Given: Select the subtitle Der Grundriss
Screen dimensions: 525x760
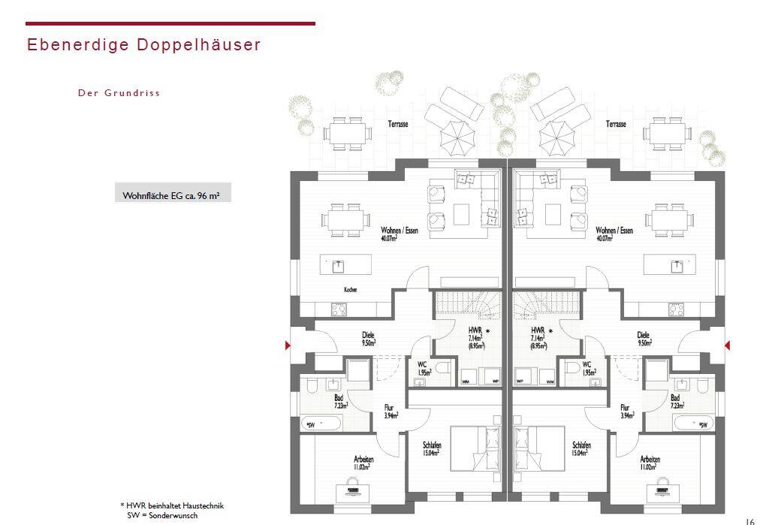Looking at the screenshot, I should click(119, 93).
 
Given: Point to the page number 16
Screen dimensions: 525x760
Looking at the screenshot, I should click(749, 520).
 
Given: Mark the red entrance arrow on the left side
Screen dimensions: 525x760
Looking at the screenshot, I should click(286, 345).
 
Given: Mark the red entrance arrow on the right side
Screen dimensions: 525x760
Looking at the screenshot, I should click(728, 345).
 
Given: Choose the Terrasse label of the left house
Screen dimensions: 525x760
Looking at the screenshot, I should click(397, 124).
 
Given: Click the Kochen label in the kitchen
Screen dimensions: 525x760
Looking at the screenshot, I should click(350, 289).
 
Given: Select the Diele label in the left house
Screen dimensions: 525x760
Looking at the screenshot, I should click(368, 335).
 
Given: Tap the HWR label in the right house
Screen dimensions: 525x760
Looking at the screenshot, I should click(538, 330).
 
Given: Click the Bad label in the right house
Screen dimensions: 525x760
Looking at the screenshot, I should click(675, 398).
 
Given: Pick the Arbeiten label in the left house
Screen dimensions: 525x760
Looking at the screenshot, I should click(363, 459).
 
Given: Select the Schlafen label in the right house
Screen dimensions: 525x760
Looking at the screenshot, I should click(580, 445).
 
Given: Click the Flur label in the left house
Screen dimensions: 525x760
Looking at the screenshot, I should click(389, 408).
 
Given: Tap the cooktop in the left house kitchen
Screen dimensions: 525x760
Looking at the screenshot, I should click(338, 308).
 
